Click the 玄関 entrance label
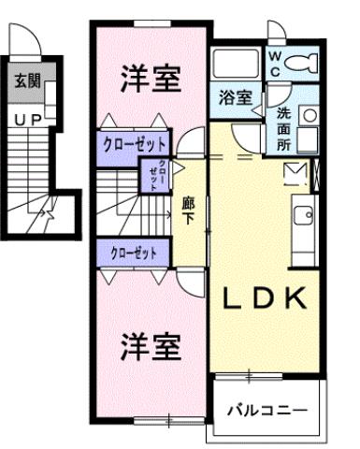pyautogui.click(x=27, y=81)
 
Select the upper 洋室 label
pyautogui.click(x=150, y=80)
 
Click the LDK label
pyautogui.click(x=264, y=298)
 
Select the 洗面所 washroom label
pyautogui.click(x=284, y=130)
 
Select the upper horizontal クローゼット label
pyautogui.click(x=135, y=144)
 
